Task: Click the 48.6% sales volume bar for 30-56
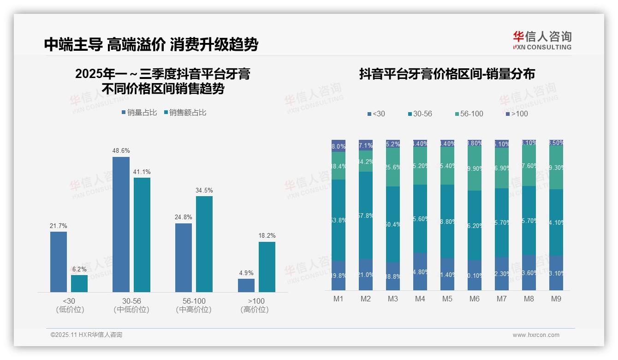click(x=121, y=224)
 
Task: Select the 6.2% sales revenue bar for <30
click(x=79, y=283)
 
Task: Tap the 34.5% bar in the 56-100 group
click(x=204, y=244)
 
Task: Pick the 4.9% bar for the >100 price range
click(x=246, y=285)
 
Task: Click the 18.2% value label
click(x=267, y=235)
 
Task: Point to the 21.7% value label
click(x=59, y=226)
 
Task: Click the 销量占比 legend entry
click(x=139, y=113)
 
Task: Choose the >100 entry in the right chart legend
click(x=517, y=114)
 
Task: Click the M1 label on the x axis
click(x=339, y=299)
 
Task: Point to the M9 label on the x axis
click(x=556, y=299)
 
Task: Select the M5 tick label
click(x=447, y=299)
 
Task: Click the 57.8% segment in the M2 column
click(x=366, y=216)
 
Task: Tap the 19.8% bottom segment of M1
click(x=339, y=276)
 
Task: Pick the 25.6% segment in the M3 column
click(x=393, y=167)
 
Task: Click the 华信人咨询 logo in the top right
click(x=542, y=40)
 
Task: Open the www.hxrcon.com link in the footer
click(x=536, y=335)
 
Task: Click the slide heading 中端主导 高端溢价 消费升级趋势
click(x=151, y=44)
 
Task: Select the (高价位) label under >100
click(x=254, y=310)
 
